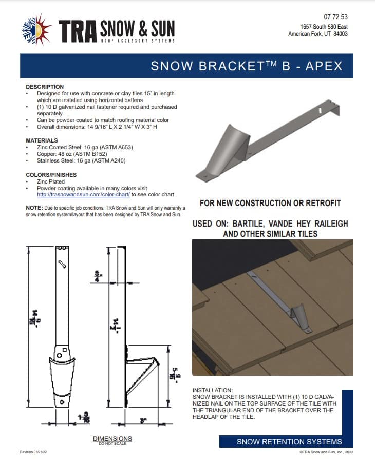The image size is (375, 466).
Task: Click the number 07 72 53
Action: (335, 17)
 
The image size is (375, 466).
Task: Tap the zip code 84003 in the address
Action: (339, 34)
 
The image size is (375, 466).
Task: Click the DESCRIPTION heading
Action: (45, 87)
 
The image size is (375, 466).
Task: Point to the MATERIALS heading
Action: (42, 140)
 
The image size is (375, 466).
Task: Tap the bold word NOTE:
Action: (34, 207)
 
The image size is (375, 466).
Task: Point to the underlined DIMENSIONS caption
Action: (112, 438)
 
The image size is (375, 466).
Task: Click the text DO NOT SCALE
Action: (112, 443)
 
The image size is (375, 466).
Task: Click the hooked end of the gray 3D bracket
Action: (336, 111)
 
